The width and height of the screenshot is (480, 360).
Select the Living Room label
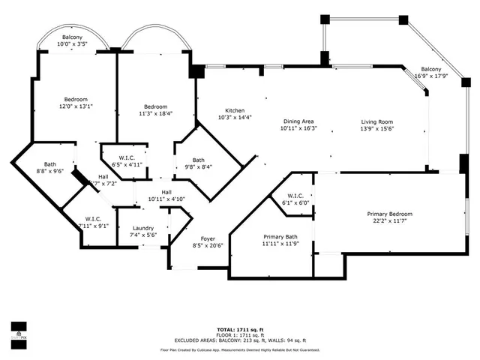(x=377, y=121)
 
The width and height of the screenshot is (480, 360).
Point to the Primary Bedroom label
(x=389, y=214)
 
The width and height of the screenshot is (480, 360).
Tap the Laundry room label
(x=143, y=228)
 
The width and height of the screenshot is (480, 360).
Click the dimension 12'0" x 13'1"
(x=76, y=106)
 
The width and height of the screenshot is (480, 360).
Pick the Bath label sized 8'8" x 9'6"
(x=50, y=164)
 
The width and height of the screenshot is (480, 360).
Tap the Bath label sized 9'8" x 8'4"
(x=198, y=160)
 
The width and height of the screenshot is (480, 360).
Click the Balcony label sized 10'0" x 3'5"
(x=72, y=38)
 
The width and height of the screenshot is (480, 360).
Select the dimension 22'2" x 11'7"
(x=389, y=221)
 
